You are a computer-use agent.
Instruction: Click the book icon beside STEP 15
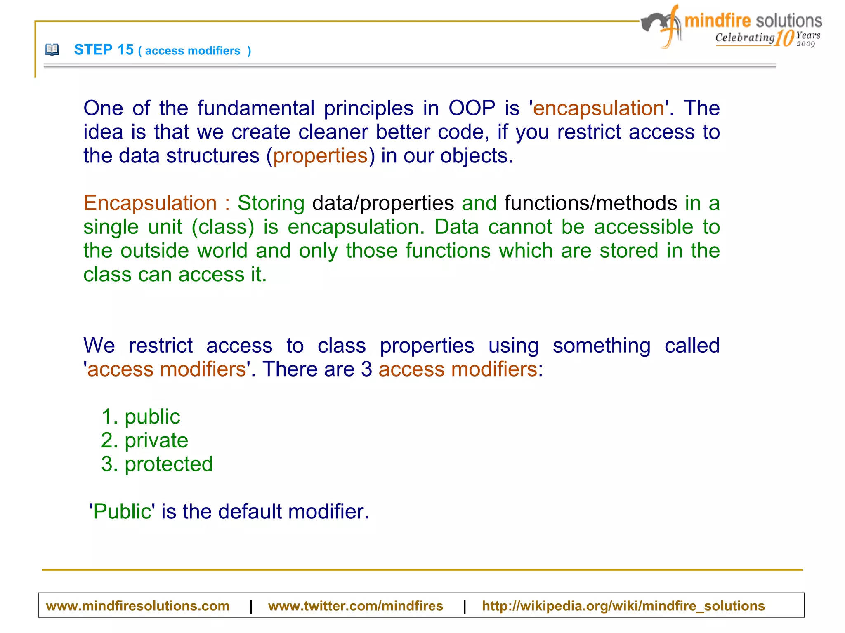point(52,50)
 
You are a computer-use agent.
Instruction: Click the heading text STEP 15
point(104,50)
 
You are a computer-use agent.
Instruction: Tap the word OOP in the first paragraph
point(472,108)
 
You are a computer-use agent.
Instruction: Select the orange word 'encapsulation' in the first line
point(598,108)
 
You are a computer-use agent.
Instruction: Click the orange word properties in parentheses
point(320,156)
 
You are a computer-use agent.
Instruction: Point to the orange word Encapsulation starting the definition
point(150,203)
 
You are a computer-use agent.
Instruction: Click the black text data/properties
point(383,203)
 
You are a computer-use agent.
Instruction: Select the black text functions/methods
point(590,203)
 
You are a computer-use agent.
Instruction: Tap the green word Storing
point(271,203)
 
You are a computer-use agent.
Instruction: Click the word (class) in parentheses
point(223,227)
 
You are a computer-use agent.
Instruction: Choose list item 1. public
point(141,417)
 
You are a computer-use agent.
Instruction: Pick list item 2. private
point(145,440)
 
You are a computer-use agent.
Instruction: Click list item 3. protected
point(157,464)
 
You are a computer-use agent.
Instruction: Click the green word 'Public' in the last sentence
point(122,512)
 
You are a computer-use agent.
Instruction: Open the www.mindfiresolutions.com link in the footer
point(137,606)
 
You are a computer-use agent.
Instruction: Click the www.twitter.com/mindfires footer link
point(355,606)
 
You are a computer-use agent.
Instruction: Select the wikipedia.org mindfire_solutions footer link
point(623,606)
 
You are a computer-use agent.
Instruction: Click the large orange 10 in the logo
point(784,38)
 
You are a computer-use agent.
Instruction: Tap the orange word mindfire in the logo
point(718,21)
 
